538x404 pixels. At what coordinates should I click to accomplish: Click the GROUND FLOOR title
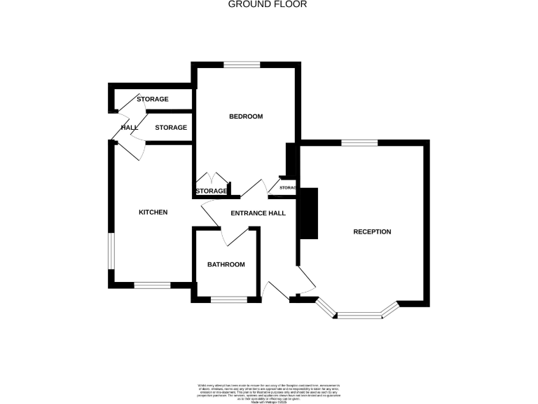268,4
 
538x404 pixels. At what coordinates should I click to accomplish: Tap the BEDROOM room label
246,116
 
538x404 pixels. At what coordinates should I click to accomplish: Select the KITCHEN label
153,212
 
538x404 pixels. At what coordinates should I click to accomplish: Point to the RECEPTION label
372,231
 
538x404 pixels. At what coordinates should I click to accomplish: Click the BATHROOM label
226,264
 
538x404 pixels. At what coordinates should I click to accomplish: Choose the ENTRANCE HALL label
258,213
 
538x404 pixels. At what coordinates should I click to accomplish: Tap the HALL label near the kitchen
130,128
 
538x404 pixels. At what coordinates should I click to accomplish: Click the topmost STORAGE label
152,99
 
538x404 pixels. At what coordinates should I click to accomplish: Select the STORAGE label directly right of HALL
171,128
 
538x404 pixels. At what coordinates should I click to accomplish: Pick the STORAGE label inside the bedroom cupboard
211,191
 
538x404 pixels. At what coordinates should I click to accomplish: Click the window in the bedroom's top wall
242,65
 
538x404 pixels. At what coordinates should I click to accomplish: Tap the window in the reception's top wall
359,143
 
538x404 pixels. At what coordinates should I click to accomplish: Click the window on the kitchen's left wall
110,250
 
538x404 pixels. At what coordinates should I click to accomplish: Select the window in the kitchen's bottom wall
152,285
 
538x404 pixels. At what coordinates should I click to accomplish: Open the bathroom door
231,237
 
